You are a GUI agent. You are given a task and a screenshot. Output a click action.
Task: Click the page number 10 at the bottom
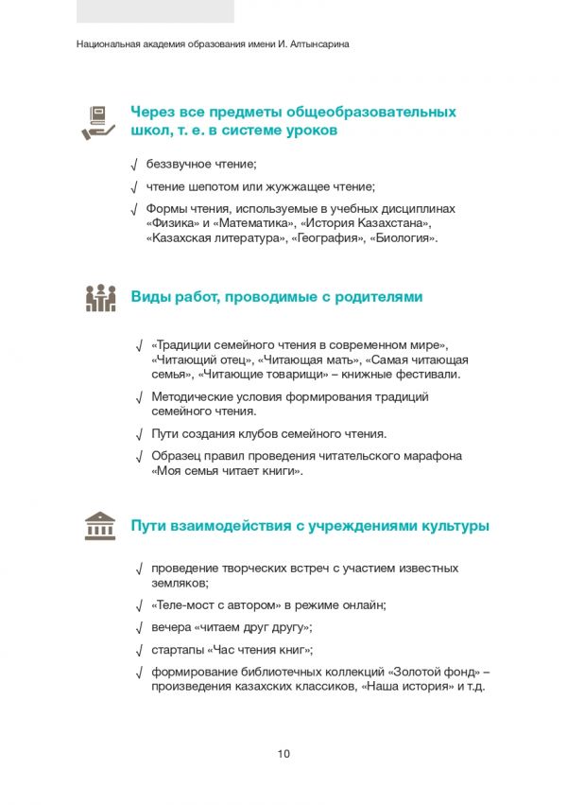283,754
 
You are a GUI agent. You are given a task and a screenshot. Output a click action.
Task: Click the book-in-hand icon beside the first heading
99,122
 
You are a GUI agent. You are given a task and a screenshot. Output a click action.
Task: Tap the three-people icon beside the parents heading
99,298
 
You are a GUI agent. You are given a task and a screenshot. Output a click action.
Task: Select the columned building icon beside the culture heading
99,527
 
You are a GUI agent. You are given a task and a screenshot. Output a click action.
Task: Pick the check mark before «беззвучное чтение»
135,165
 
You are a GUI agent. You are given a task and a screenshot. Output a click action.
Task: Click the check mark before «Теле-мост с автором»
140,605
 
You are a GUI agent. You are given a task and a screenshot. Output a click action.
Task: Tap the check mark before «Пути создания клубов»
140,434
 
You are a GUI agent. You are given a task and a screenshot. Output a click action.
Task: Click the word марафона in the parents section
432,456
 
